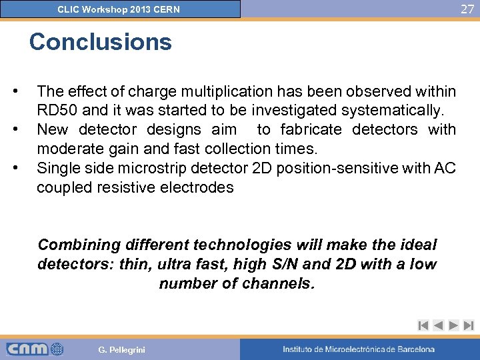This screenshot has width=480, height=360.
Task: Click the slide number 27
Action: coord(466,9)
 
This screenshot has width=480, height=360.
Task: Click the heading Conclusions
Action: coord(100,42)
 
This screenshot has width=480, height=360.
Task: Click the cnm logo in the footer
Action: coord(35,349)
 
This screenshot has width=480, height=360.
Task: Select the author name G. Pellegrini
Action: coord(121,349)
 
